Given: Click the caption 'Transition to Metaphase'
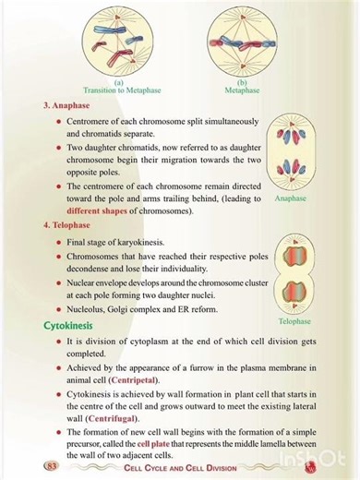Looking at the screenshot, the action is [119, 90].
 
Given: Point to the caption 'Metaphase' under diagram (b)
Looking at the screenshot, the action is [242, 90].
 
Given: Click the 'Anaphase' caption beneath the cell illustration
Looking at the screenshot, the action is [293, 197].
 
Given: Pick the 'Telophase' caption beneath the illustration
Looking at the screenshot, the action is [293, 321].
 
